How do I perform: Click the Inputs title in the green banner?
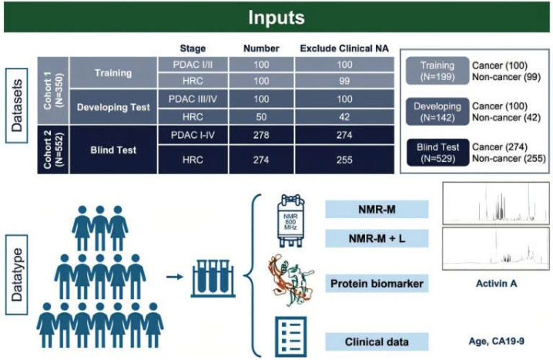tap(276, 16)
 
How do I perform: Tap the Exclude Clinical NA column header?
tap(344, 49)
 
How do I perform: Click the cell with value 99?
tap(344, 82)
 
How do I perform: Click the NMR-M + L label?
tap(375, 240)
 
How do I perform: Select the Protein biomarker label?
tap(375, 283)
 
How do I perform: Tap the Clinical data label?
tap(375, 341)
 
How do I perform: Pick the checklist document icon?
tap(287, 338)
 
